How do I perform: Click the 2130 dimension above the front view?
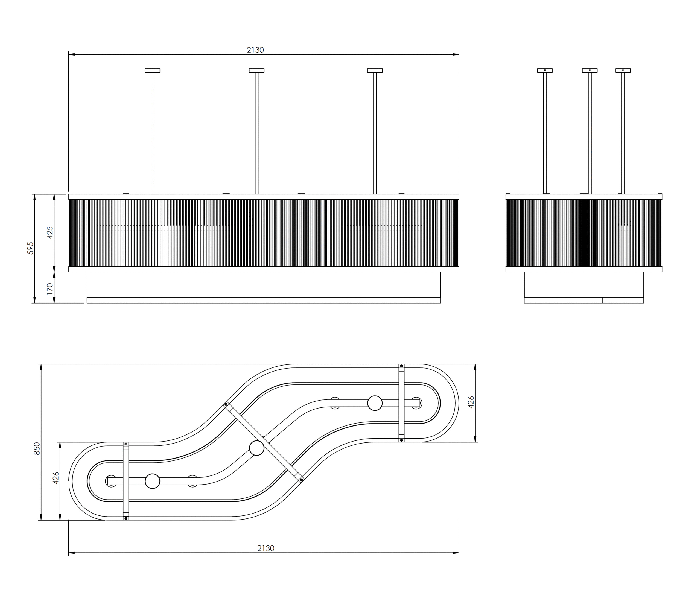tap(255, 50)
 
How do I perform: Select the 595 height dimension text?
tap(30, 248)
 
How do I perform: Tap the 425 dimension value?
tap(50, 232)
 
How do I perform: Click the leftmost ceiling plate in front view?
tap(152, 71)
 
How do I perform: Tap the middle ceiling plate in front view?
tap(257, 71)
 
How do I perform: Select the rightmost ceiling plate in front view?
tap(375, 71)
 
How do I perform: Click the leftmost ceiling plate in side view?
tap(545, 71)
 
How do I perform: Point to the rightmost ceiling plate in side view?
tap(623, 71)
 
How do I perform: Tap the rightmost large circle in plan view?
tap(375, 403)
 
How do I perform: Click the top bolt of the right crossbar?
tap(401, 366)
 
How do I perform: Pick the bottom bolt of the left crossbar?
tap(126, 518)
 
